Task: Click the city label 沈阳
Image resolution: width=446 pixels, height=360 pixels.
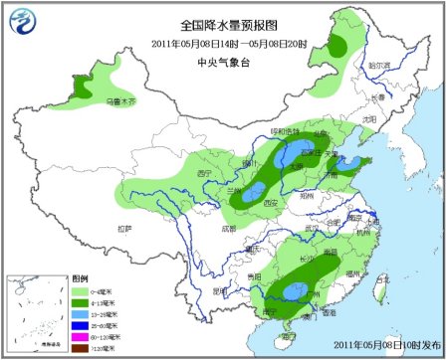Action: [x=369, y=118]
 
